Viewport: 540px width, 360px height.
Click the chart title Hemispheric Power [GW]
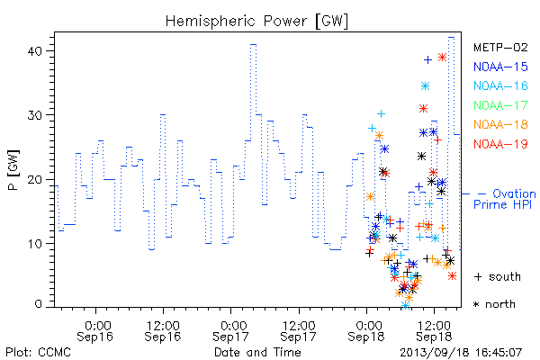pyautogui.click(x=256, y=22)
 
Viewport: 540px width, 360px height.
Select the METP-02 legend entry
pyautogui.click(x=500, y=47)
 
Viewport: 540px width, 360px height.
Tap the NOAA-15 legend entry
pyautogui.click(x=500, y=67)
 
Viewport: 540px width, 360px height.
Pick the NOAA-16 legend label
pyautogui.click(x=500, y=85)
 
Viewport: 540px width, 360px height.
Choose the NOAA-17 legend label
pyautogui.click(x=500, y=105)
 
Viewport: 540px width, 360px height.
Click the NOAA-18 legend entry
pyautogui.click(x=500, y=124)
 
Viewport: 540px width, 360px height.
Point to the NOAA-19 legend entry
pyautogui.click(x=500, y=144)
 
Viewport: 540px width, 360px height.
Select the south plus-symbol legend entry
pyautogui.click(x=498, y=276)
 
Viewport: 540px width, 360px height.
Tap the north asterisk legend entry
pyautogui.click(x=494, y=304)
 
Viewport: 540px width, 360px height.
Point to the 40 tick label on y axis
pyautogui.click(x=34, y=51)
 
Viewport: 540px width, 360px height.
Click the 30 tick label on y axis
pyautogui.click(x=34, y=115)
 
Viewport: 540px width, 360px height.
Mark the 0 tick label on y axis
pyautogui.click(x=38, y=304)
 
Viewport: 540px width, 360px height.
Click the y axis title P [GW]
pyautogui.click(x=13, y=170)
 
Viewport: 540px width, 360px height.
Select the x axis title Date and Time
pyautogui.click(x=257, y=353)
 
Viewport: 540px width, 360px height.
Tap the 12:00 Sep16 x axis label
pyautogui.click(x=163, y=331)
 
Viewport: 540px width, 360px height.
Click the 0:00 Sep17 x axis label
pyautogui.click(x=230, y=331)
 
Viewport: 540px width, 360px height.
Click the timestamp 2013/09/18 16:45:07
pyautogui.click(x=461, y=353)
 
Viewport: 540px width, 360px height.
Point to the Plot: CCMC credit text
pyautogui.click(x=38, y=353)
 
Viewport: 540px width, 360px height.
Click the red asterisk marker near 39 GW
pyautogui.click(x=443, y=58)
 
